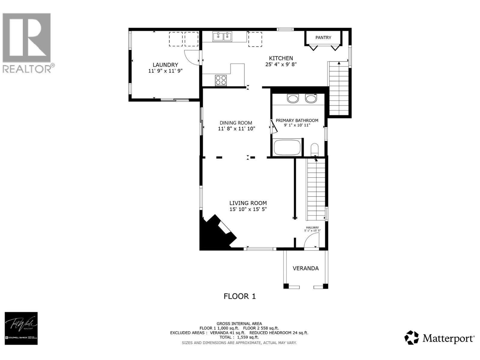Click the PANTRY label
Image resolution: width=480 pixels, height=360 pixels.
point(323,37)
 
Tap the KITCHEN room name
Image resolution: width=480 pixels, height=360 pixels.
point(281,58)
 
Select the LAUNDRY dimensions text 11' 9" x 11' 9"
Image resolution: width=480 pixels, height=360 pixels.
point(165,71)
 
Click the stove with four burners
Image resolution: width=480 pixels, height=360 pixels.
point(221,80)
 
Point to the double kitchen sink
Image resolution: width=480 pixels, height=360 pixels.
point(223,37)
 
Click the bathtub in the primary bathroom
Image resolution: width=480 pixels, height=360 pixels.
point(287,148)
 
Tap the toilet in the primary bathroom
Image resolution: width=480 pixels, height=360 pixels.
point(314,149)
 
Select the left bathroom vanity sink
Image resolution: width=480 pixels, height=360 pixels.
point(292,98)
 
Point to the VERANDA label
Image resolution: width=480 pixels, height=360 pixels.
point(305,268)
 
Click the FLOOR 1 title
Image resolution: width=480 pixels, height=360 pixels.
point(239,296)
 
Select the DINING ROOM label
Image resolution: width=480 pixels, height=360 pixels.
point(236,123)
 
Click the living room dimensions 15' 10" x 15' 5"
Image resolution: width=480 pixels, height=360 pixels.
point(248,209)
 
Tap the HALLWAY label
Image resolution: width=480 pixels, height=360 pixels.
point(312,228)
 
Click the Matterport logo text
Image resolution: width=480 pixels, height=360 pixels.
point(448,339)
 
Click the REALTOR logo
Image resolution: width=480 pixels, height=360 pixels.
point(27,42)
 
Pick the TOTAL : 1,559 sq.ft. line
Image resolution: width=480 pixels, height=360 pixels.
point(239,337)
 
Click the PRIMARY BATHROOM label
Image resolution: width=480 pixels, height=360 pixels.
point(297,120)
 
